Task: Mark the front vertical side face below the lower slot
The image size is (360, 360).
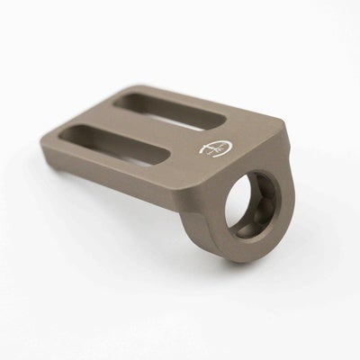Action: pyautogui.click(x=135, y=189)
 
